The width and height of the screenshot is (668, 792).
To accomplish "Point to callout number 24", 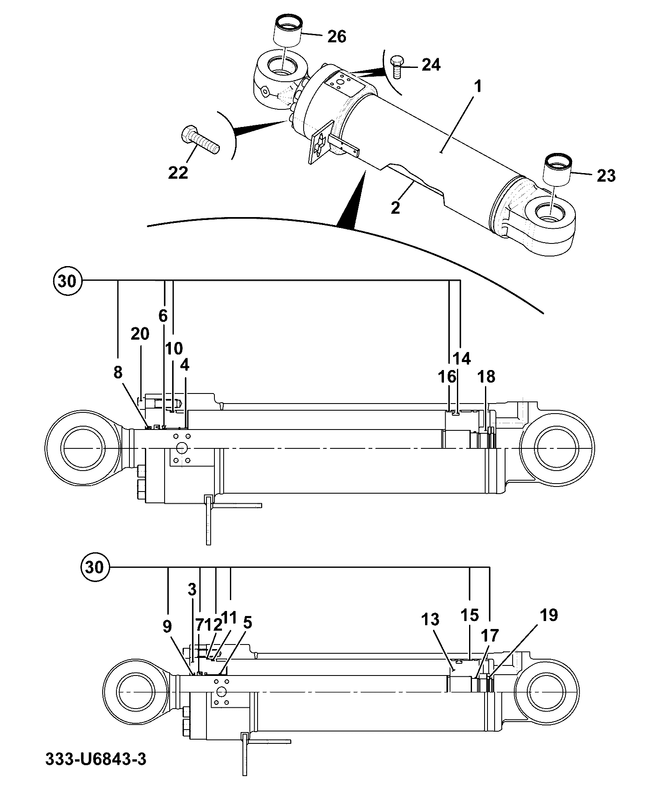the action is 431,65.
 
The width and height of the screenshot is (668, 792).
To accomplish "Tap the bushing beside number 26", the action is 288,31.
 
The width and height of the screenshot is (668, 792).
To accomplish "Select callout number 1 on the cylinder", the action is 477,88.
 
